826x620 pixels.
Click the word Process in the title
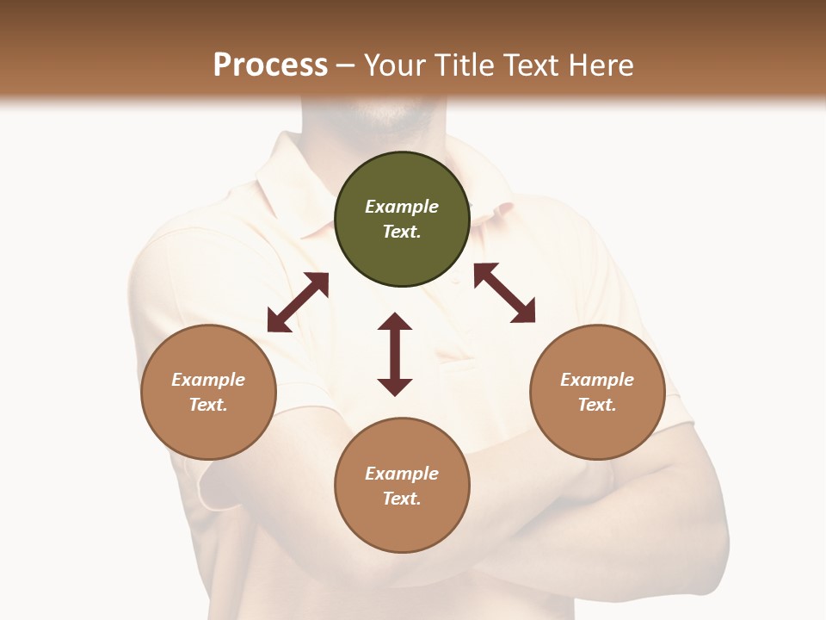coord(270,65)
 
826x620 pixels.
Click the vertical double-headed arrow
coord(395,354)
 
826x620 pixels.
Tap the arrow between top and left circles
coord(298,302)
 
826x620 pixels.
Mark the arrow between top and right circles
coord(504,293)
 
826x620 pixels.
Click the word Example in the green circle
coord(402,207)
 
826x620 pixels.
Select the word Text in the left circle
coord(208,405)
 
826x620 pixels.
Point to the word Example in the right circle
coord(597,380)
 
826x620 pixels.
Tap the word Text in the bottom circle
coord(402,499)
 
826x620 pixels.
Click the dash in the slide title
coord(346,65)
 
